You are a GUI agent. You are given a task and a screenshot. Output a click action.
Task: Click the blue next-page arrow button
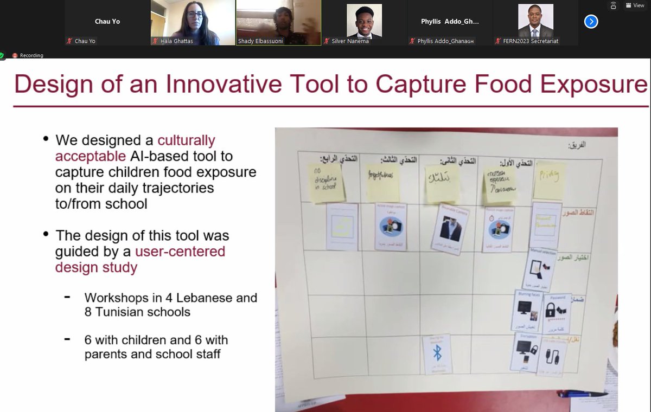[x=591, y=22]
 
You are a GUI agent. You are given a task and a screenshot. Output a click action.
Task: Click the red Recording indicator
[x=28, y=55]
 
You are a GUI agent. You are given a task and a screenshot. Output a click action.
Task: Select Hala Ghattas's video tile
[x=193, y=23]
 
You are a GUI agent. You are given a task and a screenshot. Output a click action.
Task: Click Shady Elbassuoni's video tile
[x=278, y=23]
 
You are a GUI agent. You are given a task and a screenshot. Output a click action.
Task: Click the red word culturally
[x=186, y=140]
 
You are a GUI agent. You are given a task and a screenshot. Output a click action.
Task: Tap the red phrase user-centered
[x=180, y=252]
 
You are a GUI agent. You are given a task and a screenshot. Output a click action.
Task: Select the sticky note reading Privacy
[x=548, y=181]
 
